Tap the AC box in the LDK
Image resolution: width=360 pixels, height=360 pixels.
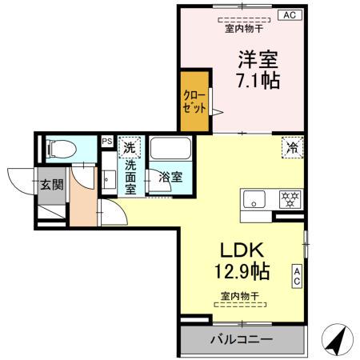(x=297, y=276)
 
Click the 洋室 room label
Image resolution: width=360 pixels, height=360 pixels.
(x=256, y=58)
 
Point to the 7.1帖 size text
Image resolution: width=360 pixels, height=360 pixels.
(x=256, y=81)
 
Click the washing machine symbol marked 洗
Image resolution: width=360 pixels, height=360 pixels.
(x=130, y=147)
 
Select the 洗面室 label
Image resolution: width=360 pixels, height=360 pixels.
(x=130, y=177)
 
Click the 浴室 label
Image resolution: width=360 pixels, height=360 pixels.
(x=169, y=177)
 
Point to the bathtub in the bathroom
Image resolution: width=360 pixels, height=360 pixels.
(x=170, y=150)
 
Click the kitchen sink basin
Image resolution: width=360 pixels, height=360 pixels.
(x=255, y=199)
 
